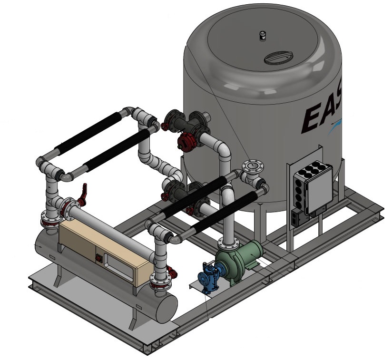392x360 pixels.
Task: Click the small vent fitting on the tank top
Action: tap(262, 35)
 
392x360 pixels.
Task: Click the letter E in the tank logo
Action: tap(312, 119)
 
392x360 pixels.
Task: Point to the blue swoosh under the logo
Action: tap(336, 125)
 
